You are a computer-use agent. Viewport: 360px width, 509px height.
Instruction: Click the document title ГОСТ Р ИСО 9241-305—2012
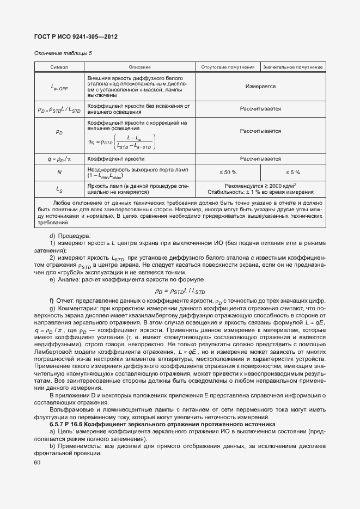[76, 36]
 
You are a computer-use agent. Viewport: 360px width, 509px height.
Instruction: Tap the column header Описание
[140, 67]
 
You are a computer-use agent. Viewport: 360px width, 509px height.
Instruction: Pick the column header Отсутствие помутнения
[228, 67]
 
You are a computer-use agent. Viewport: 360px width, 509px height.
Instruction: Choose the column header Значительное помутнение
[293, 67]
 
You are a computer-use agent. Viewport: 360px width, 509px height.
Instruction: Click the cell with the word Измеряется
[260, 87]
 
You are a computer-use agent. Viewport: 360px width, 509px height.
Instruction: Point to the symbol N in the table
[59, 172]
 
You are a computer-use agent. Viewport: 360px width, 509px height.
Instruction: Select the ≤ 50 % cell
[228, 172]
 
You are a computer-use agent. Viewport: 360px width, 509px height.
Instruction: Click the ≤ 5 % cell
[293, 172]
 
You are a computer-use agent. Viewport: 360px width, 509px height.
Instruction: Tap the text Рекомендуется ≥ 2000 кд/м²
[260, 185]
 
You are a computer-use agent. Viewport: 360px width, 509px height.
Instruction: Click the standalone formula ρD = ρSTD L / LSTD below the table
[180, 291]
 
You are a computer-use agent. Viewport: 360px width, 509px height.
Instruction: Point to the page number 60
[38, 462]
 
